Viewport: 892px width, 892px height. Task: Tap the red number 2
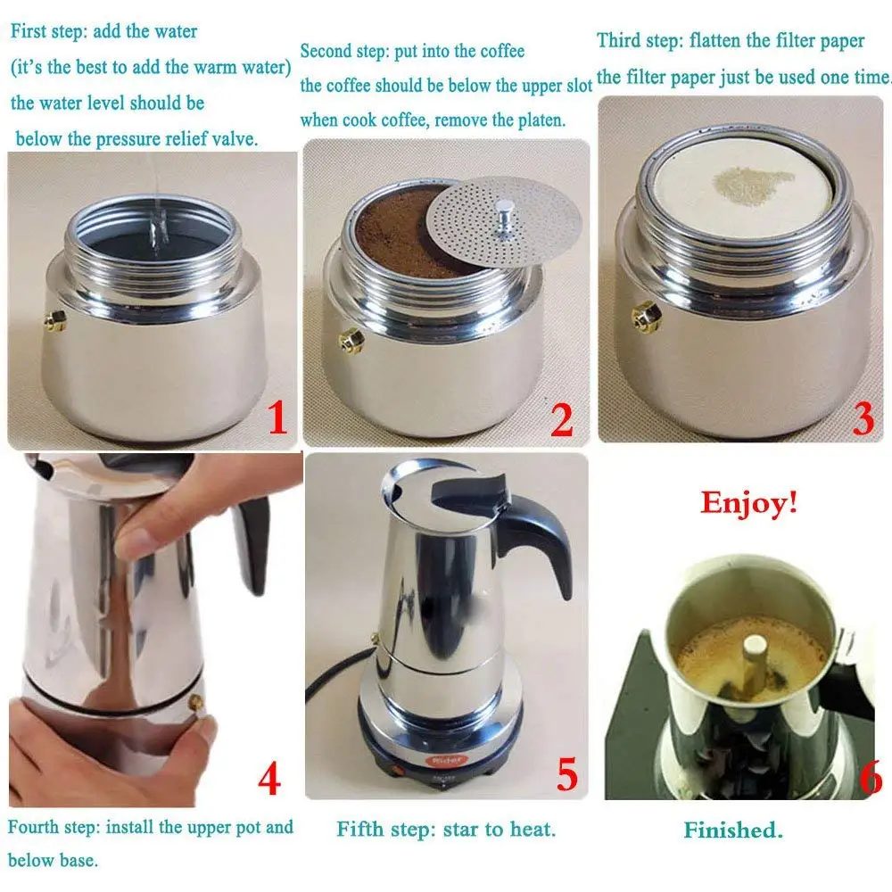562,420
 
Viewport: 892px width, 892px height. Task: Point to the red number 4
269,779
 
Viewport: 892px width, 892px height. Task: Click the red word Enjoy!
748,503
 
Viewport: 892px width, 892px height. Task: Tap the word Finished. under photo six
733,830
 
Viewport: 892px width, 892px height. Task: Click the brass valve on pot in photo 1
55,321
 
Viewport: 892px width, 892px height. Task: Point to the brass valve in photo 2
351,340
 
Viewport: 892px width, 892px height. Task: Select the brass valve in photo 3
648,317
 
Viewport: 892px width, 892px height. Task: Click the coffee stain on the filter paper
753,183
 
